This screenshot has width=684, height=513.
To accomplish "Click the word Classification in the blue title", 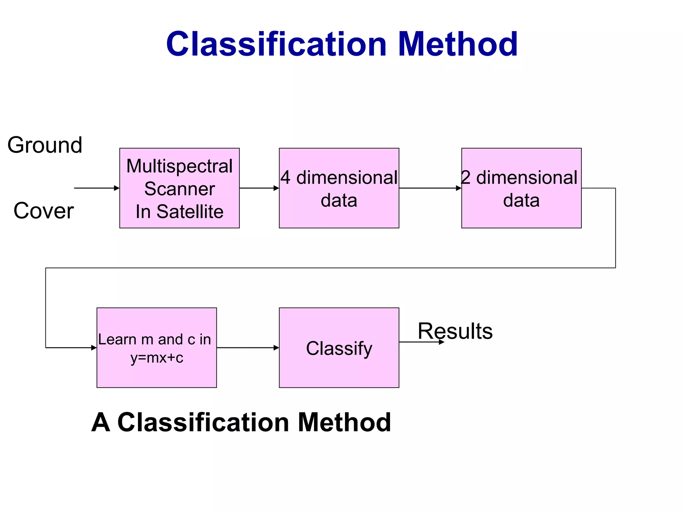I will tap(277, 44).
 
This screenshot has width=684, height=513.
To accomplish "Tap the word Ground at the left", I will tap(45, 145).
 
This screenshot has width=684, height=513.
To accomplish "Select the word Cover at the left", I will tap(43, 211).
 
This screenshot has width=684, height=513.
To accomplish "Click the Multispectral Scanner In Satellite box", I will tap(179, 188).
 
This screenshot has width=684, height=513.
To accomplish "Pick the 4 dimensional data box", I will tap(339, 188).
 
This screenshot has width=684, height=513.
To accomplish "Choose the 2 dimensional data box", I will tap(521, 188).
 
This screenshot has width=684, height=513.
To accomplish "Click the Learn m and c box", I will tap(156, 347).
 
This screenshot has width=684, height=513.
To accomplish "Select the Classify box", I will tap(339, 347).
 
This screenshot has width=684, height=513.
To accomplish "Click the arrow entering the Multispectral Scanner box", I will tap(97, 188).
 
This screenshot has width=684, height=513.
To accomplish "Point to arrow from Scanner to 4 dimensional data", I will tap(259, 188).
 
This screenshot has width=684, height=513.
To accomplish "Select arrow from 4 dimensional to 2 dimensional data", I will tap(430, 188).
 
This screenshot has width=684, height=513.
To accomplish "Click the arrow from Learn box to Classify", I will tap(247, 348).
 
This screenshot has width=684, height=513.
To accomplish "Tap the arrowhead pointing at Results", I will tap(442, 342).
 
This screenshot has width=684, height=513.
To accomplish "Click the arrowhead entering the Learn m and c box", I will tap(94, 348).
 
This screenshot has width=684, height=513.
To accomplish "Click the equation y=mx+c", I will tap(157, 358).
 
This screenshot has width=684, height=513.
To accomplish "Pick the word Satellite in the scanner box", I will tap(190, 211).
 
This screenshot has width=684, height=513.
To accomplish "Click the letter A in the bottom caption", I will tap(101, 422).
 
